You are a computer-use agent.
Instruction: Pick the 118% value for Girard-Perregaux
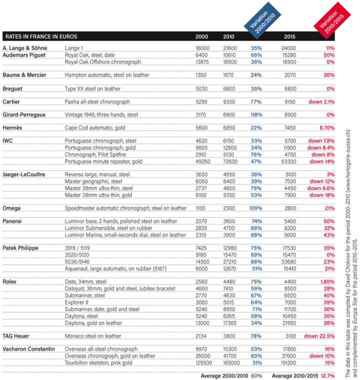[x=256, y=115]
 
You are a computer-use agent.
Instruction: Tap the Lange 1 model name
[x=74, y=48]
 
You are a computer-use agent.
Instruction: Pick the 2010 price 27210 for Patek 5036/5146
[x=230, y=260]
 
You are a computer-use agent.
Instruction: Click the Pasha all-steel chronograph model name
[x=97, y=102]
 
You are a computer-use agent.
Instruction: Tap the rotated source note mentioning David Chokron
[x=349, y=200]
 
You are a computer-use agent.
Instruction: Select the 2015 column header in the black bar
[x=289, y=37]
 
